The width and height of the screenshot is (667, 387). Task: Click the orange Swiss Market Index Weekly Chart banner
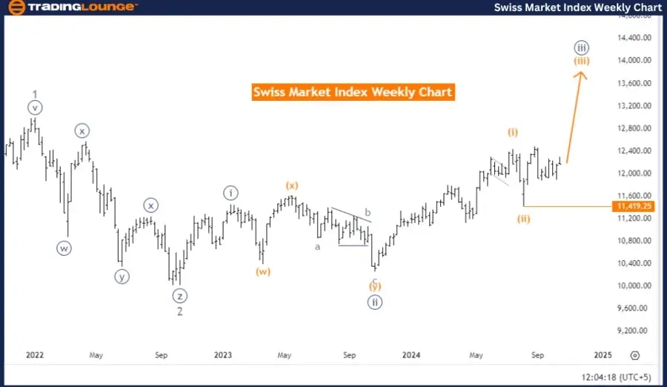(x=352, y=93)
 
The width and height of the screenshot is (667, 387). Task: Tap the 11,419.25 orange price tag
(x=632, y=206)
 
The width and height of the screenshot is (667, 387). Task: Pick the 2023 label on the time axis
(x=222, y=355)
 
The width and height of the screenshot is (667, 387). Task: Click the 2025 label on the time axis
(x=603, y=355)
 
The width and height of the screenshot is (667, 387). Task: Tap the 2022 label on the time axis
(x=34, y=355)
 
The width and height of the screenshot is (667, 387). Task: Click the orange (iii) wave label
(x=582, y=60)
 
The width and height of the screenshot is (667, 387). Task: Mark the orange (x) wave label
(x=292, y=184)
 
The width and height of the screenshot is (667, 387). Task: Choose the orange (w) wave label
(x=263, y=271)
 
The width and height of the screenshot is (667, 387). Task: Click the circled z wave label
(x=179, y=296)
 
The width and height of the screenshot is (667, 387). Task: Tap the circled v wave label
(x=35, y=108)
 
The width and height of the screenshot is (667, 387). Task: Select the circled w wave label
(x=64, y=248)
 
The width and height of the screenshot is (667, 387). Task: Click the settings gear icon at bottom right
(x=634, y=356)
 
